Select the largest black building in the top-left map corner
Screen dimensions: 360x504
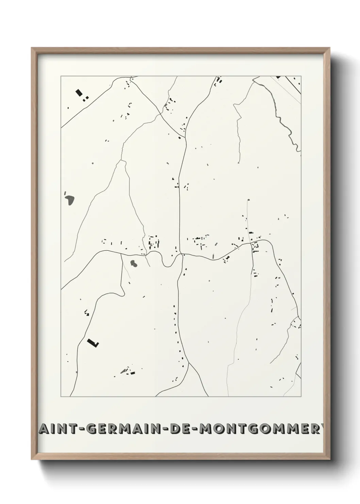click(x=79, y=92)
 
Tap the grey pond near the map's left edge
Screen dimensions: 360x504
click(x=70, y=200)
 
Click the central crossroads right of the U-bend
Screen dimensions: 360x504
click(x=182, y=254)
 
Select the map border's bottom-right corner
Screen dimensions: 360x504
click(x=301, y=397)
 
